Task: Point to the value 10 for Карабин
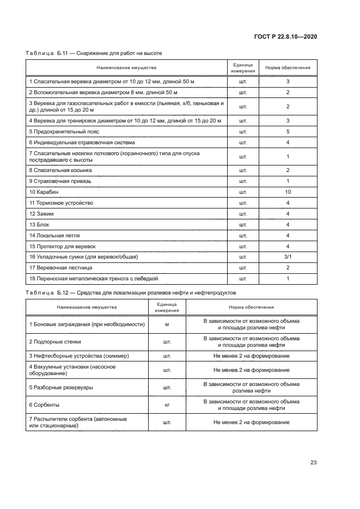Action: (288, 192)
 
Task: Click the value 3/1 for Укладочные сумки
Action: (288, 256)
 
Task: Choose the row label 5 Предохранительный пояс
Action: (64, 131)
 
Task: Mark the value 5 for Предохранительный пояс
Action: (288, 131)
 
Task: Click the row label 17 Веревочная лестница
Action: (60, 267)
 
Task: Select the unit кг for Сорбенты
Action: (167, 405)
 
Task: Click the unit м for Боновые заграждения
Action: (167, 324)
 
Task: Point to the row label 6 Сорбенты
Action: (44, 405)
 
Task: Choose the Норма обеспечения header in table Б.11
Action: (288, 68)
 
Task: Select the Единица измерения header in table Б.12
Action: (167, 308)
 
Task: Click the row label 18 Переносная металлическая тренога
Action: (93, 278)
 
